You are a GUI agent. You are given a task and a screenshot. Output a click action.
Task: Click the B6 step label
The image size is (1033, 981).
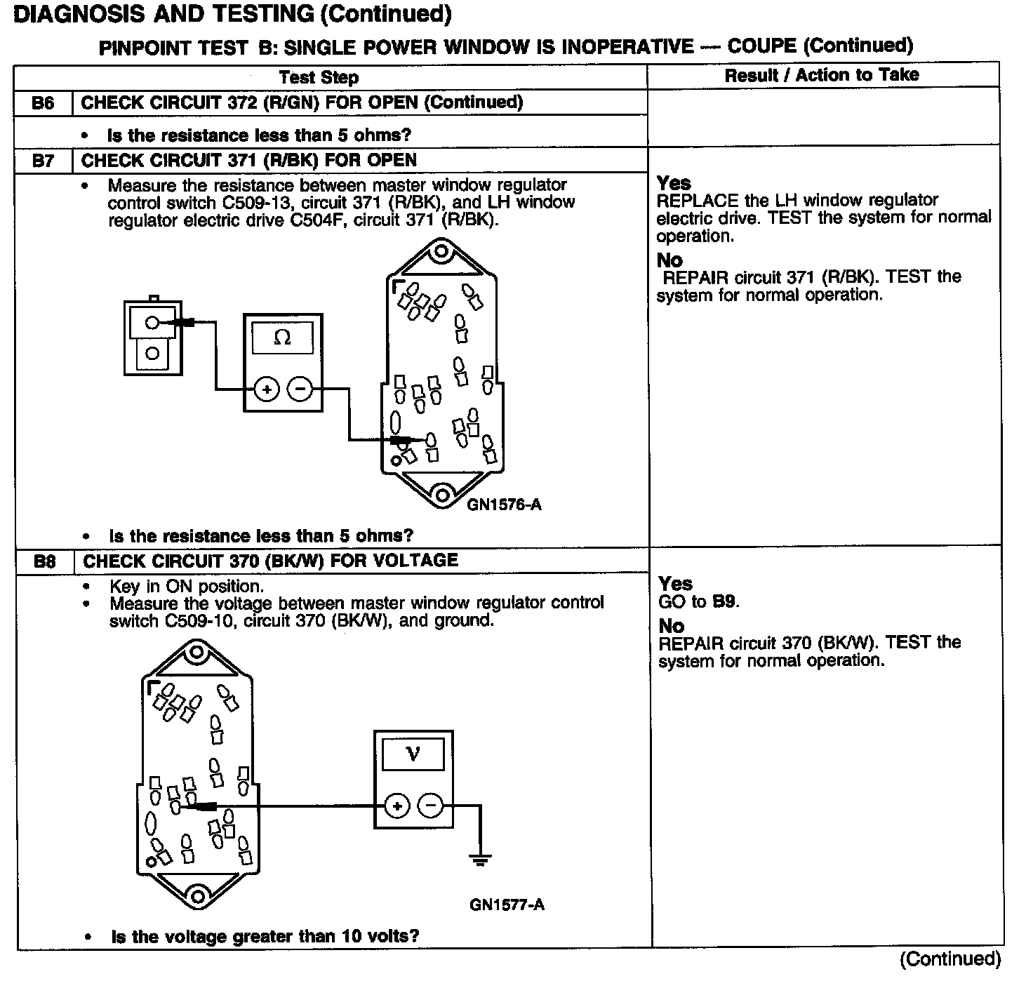43,103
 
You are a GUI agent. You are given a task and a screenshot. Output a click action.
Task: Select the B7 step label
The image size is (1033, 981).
43,161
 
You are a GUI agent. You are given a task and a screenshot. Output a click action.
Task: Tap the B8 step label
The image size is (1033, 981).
44,561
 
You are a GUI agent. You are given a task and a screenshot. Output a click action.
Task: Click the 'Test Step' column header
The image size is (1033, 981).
319,77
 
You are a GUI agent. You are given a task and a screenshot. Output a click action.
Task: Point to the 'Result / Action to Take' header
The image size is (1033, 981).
822,75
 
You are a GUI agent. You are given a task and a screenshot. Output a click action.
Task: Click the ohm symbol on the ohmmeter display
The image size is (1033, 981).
282,338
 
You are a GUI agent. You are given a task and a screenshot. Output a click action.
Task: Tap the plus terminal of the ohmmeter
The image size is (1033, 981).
266,389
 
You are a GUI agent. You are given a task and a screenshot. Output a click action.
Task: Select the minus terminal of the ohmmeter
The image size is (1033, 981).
300,389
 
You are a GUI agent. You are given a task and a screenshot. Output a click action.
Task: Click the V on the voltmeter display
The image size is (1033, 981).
413,754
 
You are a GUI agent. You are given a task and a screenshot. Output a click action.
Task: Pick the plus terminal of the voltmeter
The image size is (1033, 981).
397,806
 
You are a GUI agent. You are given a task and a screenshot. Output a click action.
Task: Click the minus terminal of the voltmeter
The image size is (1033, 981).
431,806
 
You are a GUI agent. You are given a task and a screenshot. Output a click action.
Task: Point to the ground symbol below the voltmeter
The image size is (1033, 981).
480,860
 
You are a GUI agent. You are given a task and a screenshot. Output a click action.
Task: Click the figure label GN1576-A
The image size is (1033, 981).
504,505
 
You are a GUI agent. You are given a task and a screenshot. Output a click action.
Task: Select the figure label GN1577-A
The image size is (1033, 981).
507,905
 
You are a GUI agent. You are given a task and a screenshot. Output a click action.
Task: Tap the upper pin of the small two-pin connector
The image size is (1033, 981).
152,323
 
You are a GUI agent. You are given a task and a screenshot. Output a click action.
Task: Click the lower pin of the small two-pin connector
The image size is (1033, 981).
152,353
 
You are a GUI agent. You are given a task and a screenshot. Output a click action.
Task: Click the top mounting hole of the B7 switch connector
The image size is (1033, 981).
441,251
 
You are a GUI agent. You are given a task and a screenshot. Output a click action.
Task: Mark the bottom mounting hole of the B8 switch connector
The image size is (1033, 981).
197,896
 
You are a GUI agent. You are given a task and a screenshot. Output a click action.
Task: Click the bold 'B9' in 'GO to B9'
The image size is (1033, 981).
725,602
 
